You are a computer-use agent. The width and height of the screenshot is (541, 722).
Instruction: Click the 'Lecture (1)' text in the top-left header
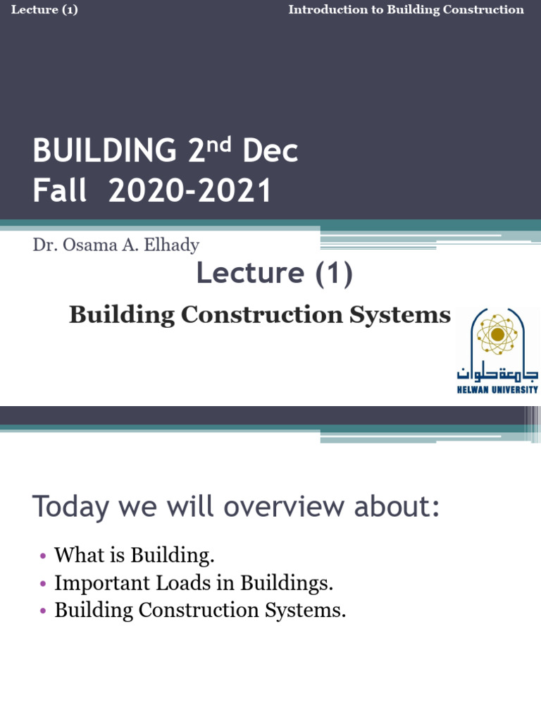(44, 10)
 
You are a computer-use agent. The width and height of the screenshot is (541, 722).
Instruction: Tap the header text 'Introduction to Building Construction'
(406, 10)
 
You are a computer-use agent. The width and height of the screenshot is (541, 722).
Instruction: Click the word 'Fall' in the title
(59, 191)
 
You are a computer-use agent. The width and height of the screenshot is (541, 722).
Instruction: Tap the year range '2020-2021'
(190, 191)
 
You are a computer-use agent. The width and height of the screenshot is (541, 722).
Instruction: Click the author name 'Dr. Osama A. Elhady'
(116, 245)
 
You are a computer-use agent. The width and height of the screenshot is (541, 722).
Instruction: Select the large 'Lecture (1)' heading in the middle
(274, 274)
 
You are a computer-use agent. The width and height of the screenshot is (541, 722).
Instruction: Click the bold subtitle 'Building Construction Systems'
(259, 314)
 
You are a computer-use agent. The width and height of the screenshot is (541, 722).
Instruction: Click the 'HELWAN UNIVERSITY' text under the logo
(497, 389)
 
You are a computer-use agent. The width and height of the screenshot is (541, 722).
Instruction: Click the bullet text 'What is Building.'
(134, 556)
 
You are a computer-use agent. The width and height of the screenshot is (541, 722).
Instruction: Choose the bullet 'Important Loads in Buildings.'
(193, 583)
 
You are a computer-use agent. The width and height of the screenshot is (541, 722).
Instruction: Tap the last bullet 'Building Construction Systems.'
(200, 610)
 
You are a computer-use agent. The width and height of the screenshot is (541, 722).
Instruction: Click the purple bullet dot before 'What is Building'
(43, 556)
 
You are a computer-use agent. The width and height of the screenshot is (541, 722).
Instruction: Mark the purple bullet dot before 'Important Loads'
(43, 584)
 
